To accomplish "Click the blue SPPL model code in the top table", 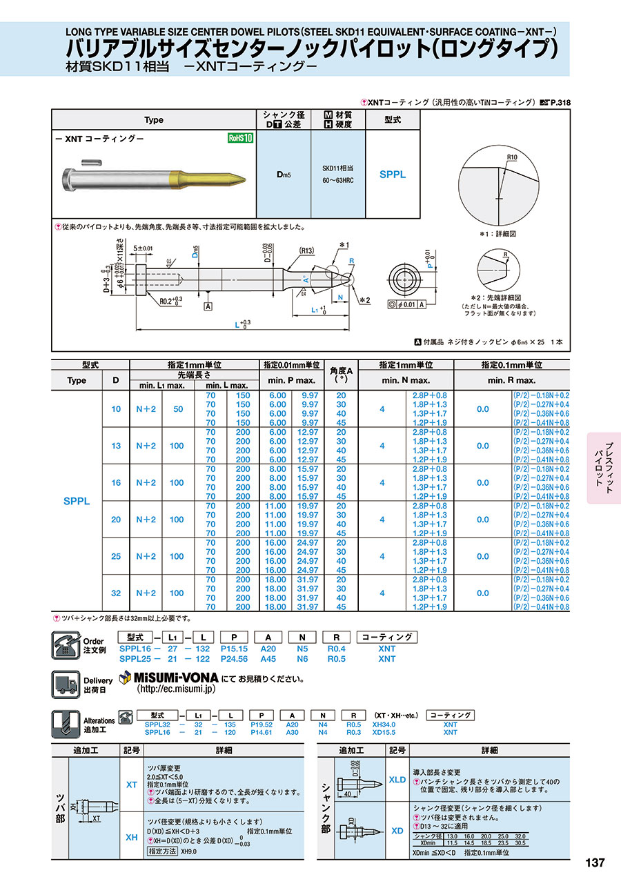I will pos(393,175).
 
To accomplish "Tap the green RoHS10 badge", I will pos(241,138).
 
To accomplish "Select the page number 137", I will pos(594,863).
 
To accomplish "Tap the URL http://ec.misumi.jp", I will pos(177,689).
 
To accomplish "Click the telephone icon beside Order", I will pos(68,646).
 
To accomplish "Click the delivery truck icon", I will pos(68,684).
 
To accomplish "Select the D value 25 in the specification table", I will pos(116,556).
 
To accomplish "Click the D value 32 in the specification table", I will pos(116,593).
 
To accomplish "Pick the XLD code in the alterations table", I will pos(397,780).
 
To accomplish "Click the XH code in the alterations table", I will pos(131,837).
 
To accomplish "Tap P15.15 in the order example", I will pos(234,649).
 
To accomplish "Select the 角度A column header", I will pos(340,375).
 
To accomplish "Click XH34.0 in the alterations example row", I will pos(384,725).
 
